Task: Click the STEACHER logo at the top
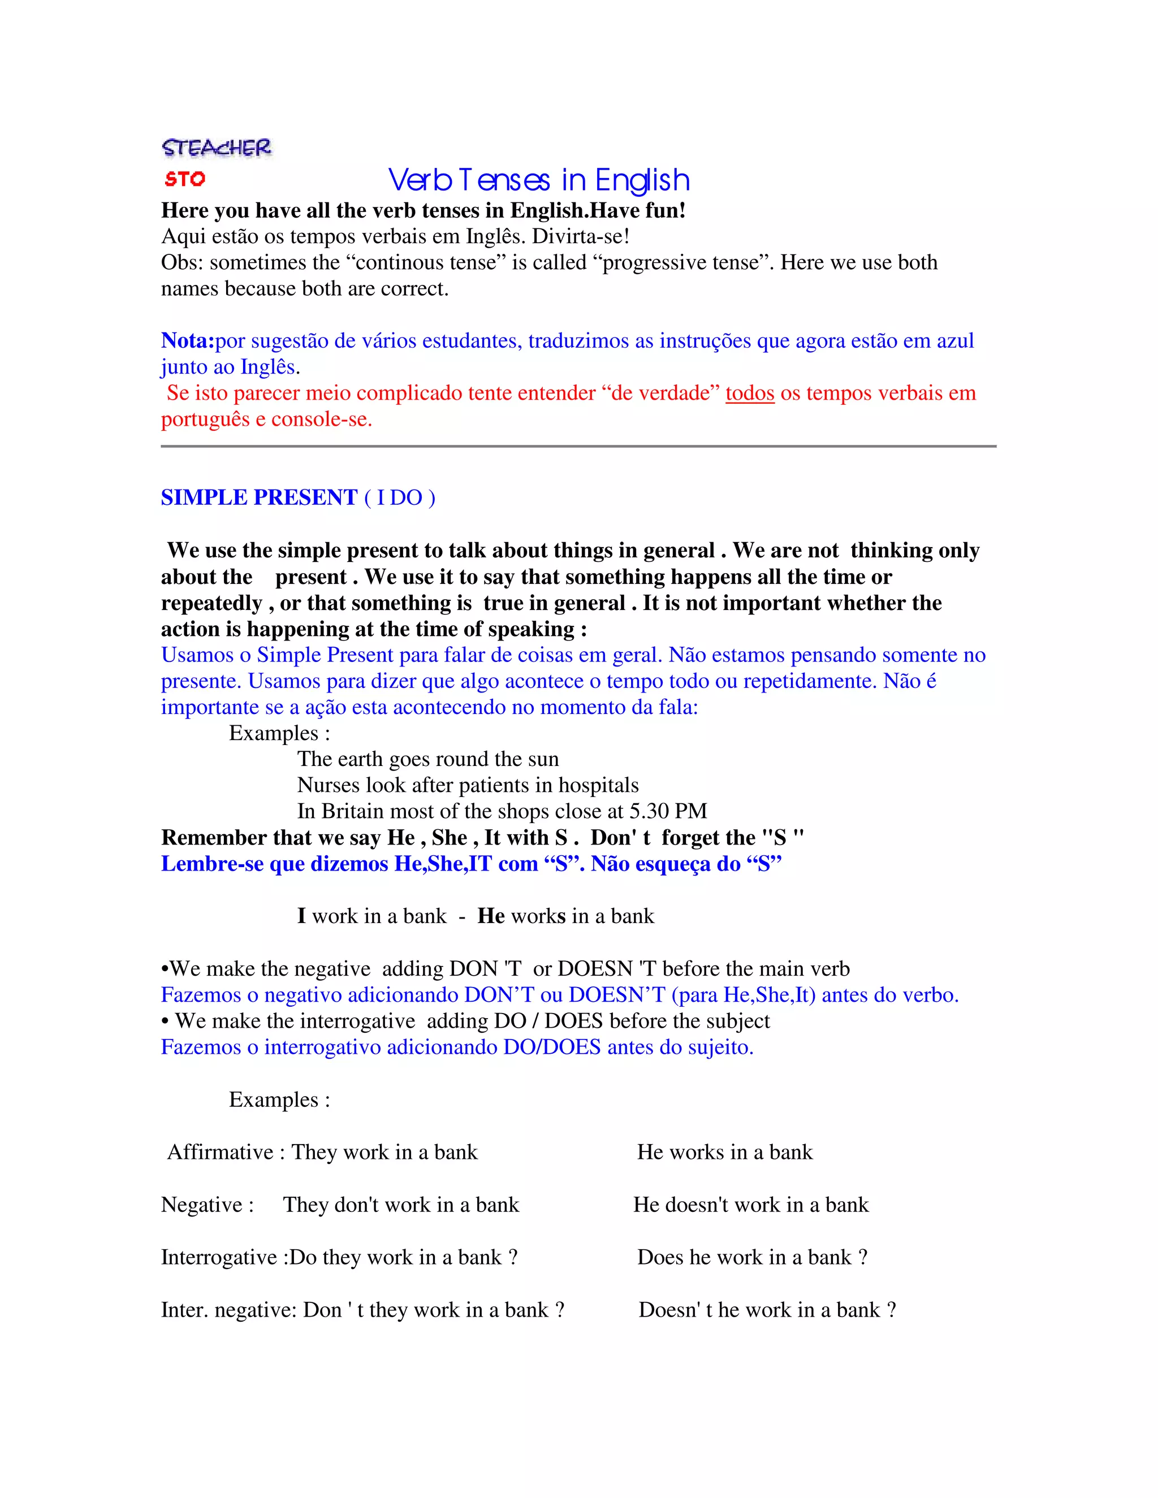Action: pyautogui.click(x=216, y=148)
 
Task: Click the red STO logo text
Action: pyautogui.click(x=184, y=179)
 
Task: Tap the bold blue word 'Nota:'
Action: pyautogui.click(x=187, y=340)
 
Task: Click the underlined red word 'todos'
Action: pyautogui.click(x=749, y=393)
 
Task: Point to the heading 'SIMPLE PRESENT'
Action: pyautogui.click(x=258, y=497)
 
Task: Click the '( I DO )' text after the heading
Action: pyautogui.click(x=399, y=497)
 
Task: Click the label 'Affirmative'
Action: pyautogui.click(x=220, y=1151)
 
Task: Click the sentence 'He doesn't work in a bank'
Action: pyautogui.click(x=750, y=1205)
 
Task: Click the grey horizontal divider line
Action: pyautogui.click(x=578, y=446)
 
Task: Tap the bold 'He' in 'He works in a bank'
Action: pyautogui.click(x=491, y=916)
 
